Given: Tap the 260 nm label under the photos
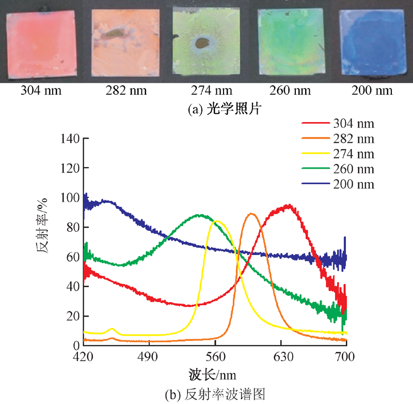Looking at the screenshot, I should pyautogui.click(x=290, y=91).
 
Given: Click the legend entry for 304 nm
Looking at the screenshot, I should pyautogui.click(x=338, y=124).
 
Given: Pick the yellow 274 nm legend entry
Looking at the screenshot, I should pyautogui.click(x=338, y=154).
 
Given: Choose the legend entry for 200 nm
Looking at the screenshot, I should pyautogui.click(x=338, y=185).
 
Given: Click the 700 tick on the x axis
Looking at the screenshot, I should pyautogui.click(x=346, y=356).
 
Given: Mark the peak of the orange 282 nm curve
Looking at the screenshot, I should pyautogui.click(x=251, y=214).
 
